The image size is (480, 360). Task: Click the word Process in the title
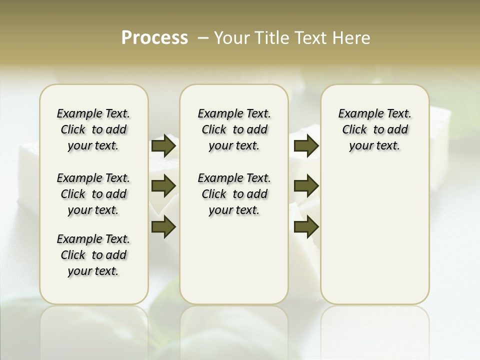click(x=154, y=38)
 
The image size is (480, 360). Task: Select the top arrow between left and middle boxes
click(x=163, y=146)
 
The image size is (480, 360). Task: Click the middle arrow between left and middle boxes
click(x=163, y=186)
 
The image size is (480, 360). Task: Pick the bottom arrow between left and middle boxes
click(x=163, y=226)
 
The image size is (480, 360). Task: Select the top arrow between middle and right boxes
click(x=306, y=146)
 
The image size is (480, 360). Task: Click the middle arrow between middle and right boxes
click(x=306, y=186)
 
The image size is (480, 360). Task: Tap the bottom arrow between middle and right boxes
click(x=306, y=226)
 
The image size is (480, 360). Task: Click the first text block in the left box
click(x=93, y=129)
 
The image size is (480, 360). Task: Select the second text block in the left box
click(x=93, y=194)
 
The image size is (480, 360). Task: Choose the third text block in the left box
click(x=93, y=255)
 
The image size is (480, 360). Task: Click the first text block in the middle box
click(x=234, y=129)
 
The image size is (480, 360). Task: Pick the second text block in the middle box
click(x=234, y=194)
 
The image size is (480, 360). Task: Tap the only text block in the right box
click(x=375, y=129)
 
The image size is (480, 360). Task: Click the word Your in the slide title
click(x=232, y=38)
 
